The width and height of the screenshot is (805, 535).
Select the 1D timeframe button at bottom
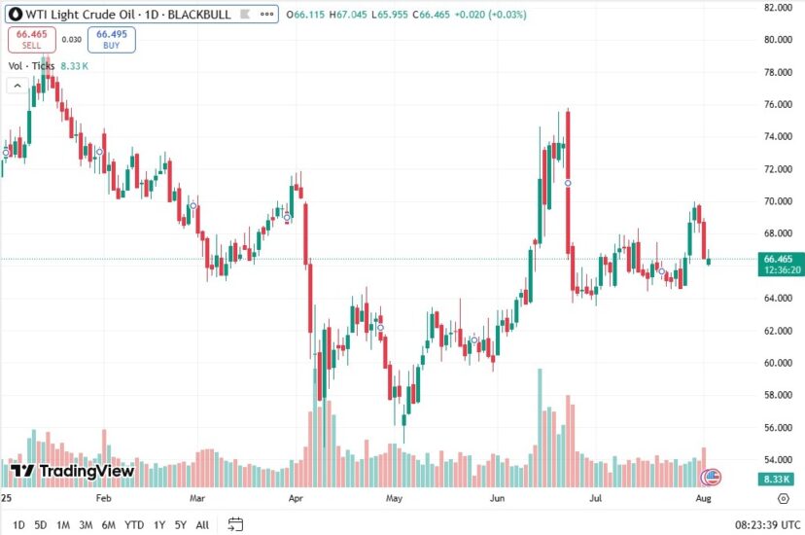click(x=18, y=525)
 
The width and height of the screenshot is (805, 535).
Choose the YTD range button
click(x=134, y=525)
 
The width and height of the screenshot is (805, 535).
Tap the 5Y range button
click(x=180, y=525)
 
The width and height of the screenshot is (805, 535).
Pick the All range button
click(x=202, y=525)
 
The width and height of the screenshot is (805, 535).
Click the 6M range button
click(x=108, y=525)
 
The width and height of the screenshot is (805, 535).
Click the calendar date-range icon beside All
click(x=235, y=525)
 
